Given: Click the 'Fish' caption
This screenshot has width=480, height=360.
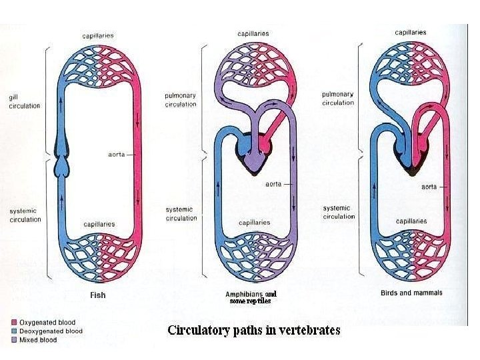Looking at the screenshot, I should tap(97, 295).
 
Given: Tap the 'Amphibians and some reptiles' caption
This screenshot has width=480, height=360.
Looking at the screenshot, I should tap(251, 297).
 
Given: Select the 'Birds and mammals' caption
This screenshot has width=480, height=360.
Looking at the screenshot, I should tap(411, 293).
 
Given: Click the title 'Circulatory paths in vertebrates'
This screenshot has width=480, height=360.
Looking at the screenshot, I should tap(253, 330).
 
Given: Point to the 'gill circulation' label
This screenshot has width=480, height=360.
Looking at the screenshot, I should tap(24, 101).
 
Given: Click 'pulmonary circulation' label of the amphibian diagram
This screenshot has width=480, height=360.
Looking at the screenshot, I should tap(181, 100).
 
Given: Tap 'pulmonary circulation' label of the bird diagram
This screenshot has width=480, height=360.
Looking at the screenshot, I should tap(338, 99).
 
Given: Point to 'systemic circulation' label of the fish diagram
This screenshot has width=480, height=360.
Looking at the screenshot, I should tap(25, 215).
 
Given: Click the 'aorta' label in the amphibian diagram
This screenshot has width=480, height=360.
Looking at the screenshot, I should tap(273, 185).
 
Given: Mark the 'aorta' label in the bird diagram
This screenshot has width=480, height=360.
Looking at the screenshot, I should tap(429, 187).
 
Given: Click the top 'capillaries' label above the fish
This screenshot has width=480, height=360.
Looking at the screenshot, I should tap(97, 35).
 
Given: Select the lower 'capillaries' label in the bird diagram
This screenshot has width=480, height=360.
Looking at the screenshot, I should tap(412, 221).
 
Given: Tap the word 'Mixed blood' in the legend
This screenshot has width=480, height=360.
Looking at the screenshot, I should tap(38, 340).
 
